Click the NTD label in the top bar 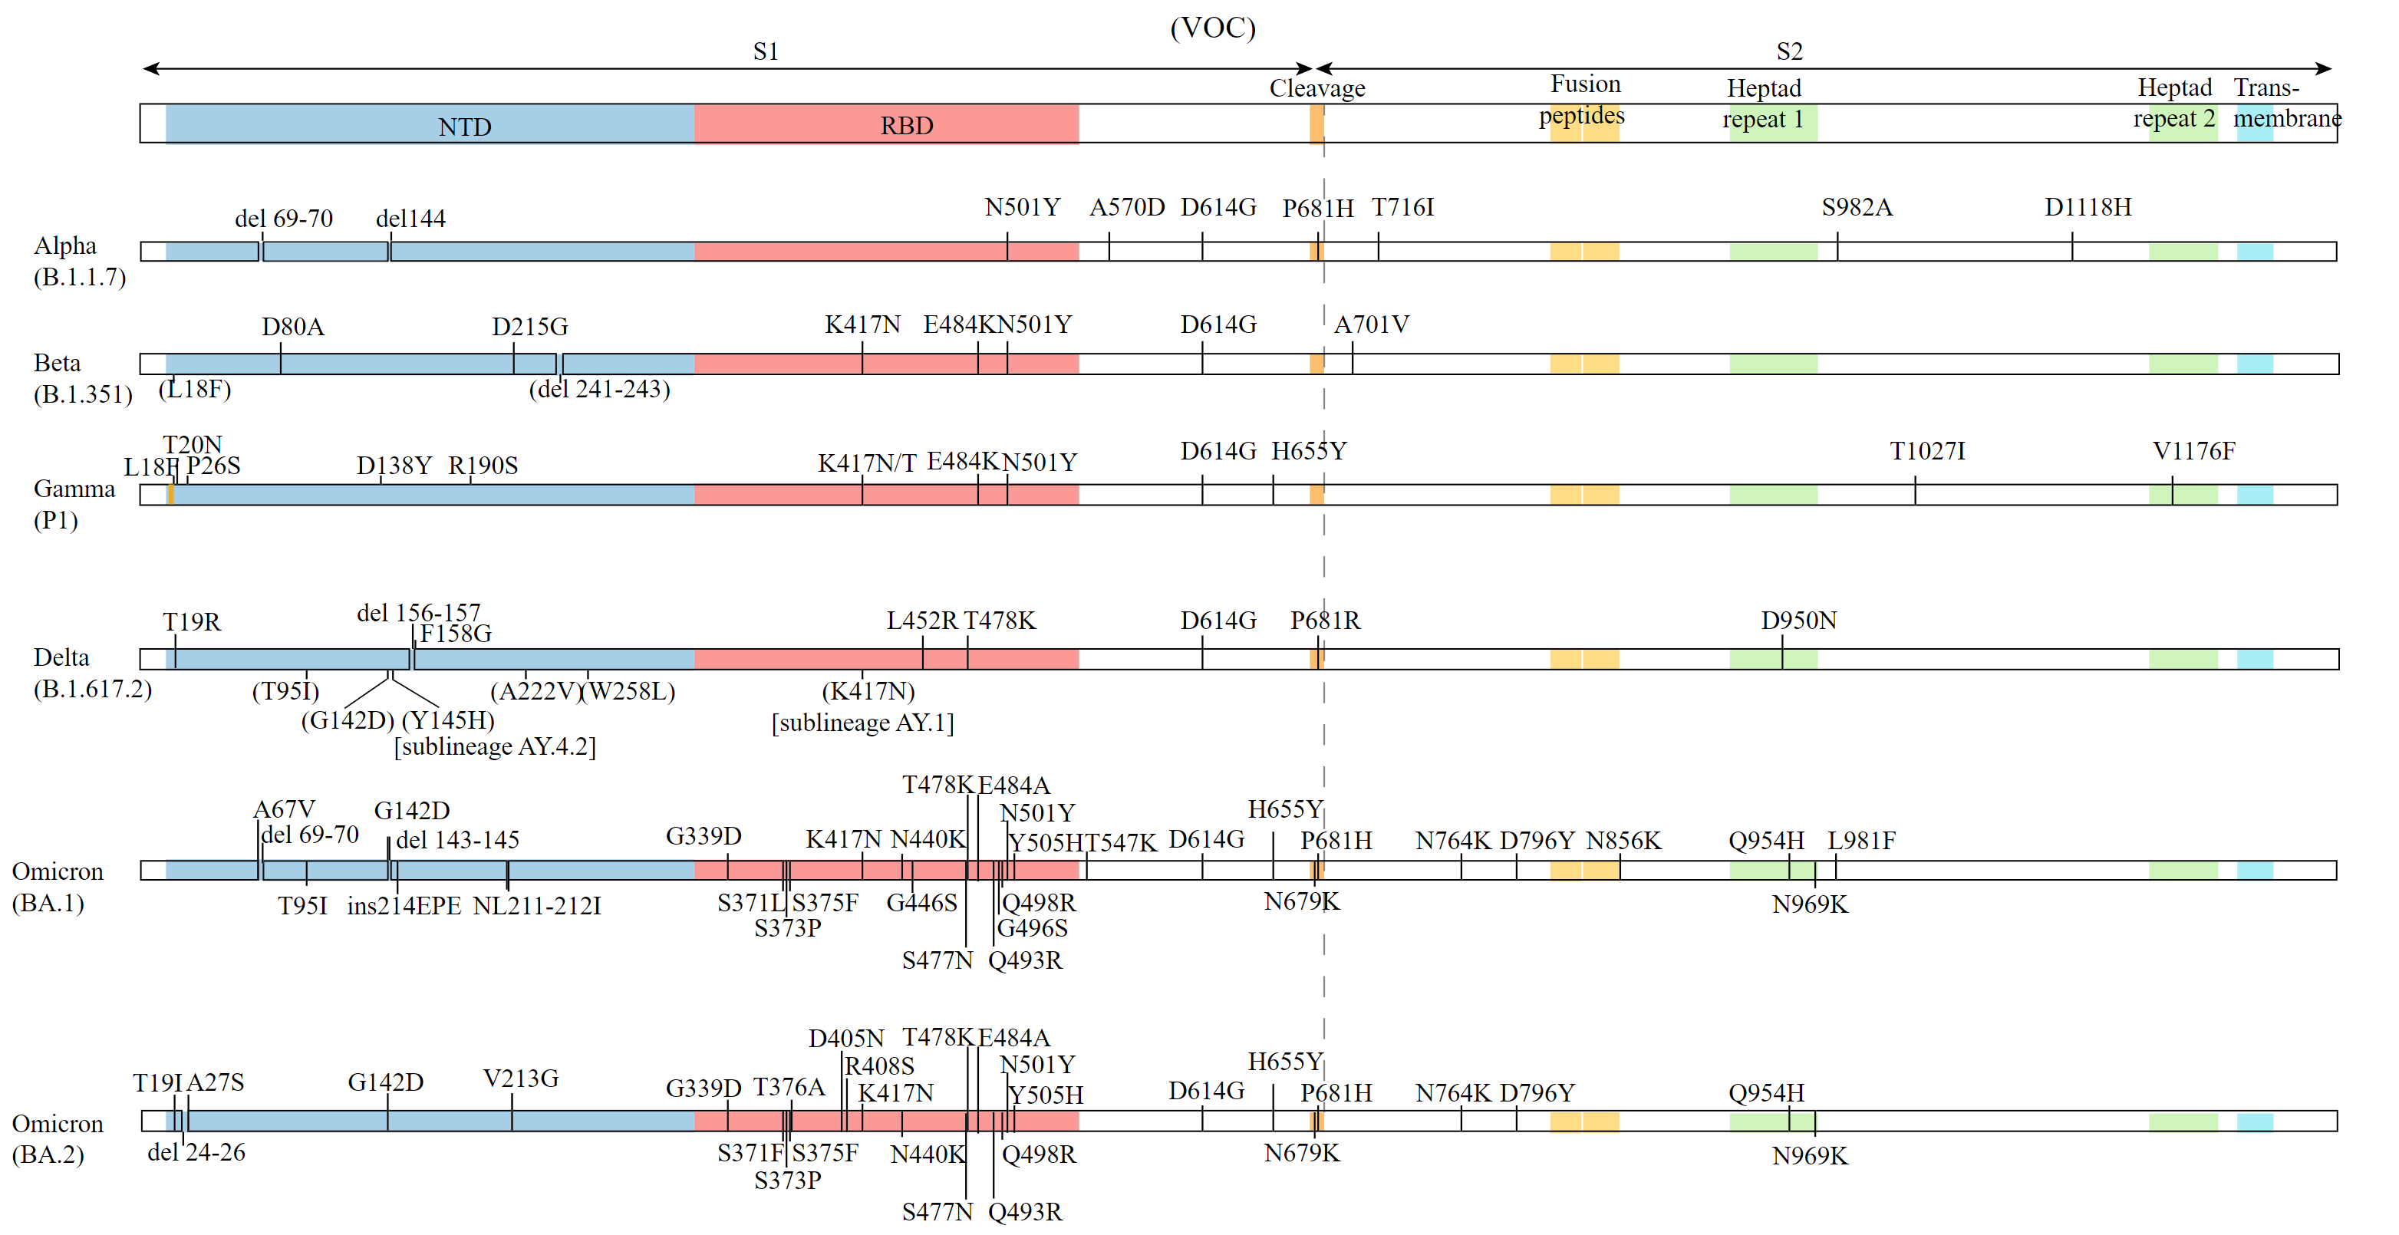tap(464, 127)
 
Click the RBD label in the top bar tap(906, 126)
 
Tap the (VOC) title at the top tap(1211, 28)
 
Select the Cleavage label tap(1316, 88)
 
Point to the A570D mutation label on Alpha tap(1126, 207)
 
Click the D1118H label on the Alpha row tap(2087, 207)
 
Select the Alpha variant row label tap(65, 247)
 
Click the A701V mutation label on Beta tap(1371, 324)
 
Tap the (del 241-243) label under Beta tap(599, 390)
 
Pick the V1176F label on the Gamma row tap(2193, 451)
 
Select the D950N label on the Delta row tap(1798, 621)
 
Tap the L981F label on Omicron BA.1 tap(1860, 841)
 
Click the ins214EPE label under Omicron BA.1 tap(404, 906)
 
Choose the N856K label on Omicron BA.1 tap(1623, 841)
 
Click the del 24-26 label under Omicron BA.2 tap(196, 1153)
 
